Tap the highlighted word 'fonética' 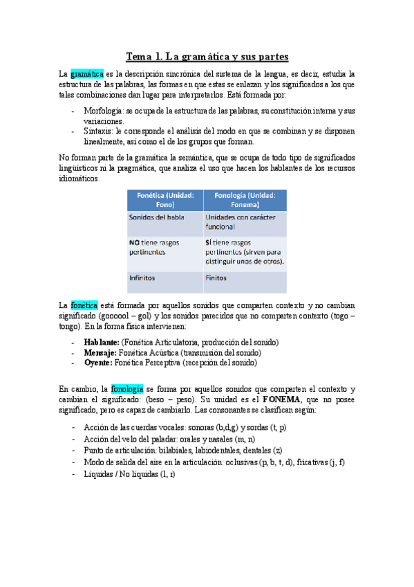point(84,305)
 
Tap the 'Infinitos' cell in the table point(142,278)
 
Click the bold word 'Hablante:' point(101,342)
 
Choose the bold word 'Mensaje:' point(100,352)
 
